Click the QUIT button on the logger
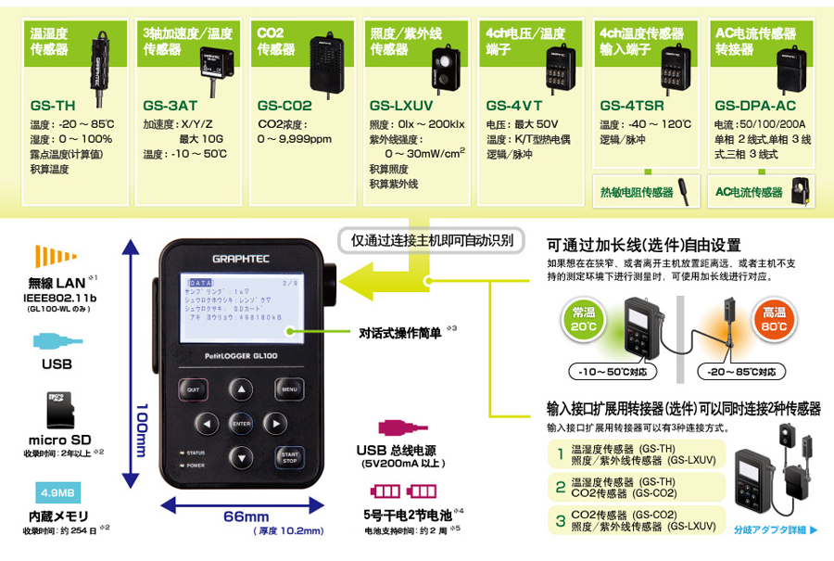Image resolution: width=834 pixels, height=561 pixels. pyautogui.click(x=194, y=389)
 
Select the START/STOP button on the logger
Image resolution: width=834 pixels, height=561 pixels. pyautogui.click(x=289, y=456)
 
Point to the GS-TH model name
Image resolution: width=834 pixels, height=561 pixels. pyautogui.click(x=53, y=106)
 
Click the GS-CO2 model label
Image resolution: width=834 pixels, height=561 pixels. pyautogui.click(x=284, y=106)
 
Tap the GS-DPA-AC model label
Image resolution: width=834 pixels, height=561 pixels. pyautogui.click(x=755, y=106)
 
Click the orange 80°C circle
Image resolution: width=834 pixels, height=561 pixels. pyautogui.click(x=776, y=320)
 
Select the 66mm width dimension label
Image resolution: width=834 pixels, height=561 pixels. pyautogui.click(x=246, y=516)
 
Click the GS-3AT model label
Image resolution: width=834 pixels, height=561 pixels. pyautogui.click(x=171, y=106)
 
